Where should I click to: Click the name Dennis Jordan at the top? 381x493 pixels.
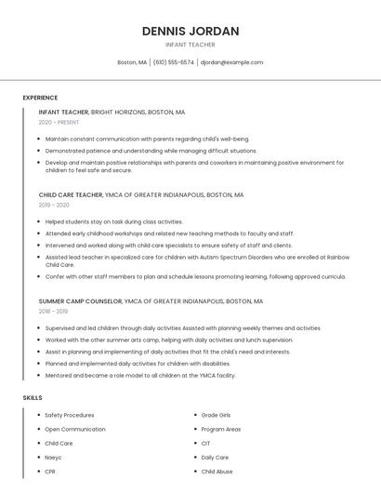point(190,31)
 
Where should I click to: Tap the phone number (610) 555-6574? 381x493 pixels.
point(174,62)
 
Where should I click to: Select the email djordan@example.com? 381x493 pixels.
point(232,62)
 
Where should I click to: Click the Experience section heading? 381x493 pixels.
point(40,98)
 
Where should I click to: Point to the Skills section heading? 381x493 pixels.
point(33,397)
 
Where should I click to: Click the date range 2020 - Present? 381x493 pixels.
point(59,122)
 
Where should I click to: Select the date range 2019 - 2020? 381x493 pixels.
point(54,205)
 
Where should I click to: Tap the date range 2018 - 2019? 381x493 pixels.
point(54,311)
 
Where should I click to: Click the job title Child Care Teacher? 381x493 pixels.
point(71,195)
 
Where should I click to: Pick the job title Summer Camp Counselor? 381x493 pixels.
point(79,301)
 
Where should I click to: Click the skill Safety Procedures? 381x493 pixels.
point(69,415)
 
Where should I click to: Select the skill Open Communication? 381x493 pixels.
point(74,429)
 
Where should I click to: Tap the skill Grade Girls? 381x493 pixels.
point(216,415)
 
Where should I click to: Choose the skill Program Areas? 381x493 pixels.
point(220,429)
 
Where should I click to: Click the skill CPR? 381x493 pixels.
point(50,472)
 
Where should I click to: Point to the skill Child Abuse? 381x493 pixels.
point(217,472)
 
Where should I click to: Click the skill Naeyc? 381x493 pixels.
point(53,458)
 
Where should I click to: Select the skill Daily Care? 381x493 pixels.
point(215,458)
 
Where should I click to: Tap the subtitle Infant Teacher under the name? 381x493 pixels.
point(190,45)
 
